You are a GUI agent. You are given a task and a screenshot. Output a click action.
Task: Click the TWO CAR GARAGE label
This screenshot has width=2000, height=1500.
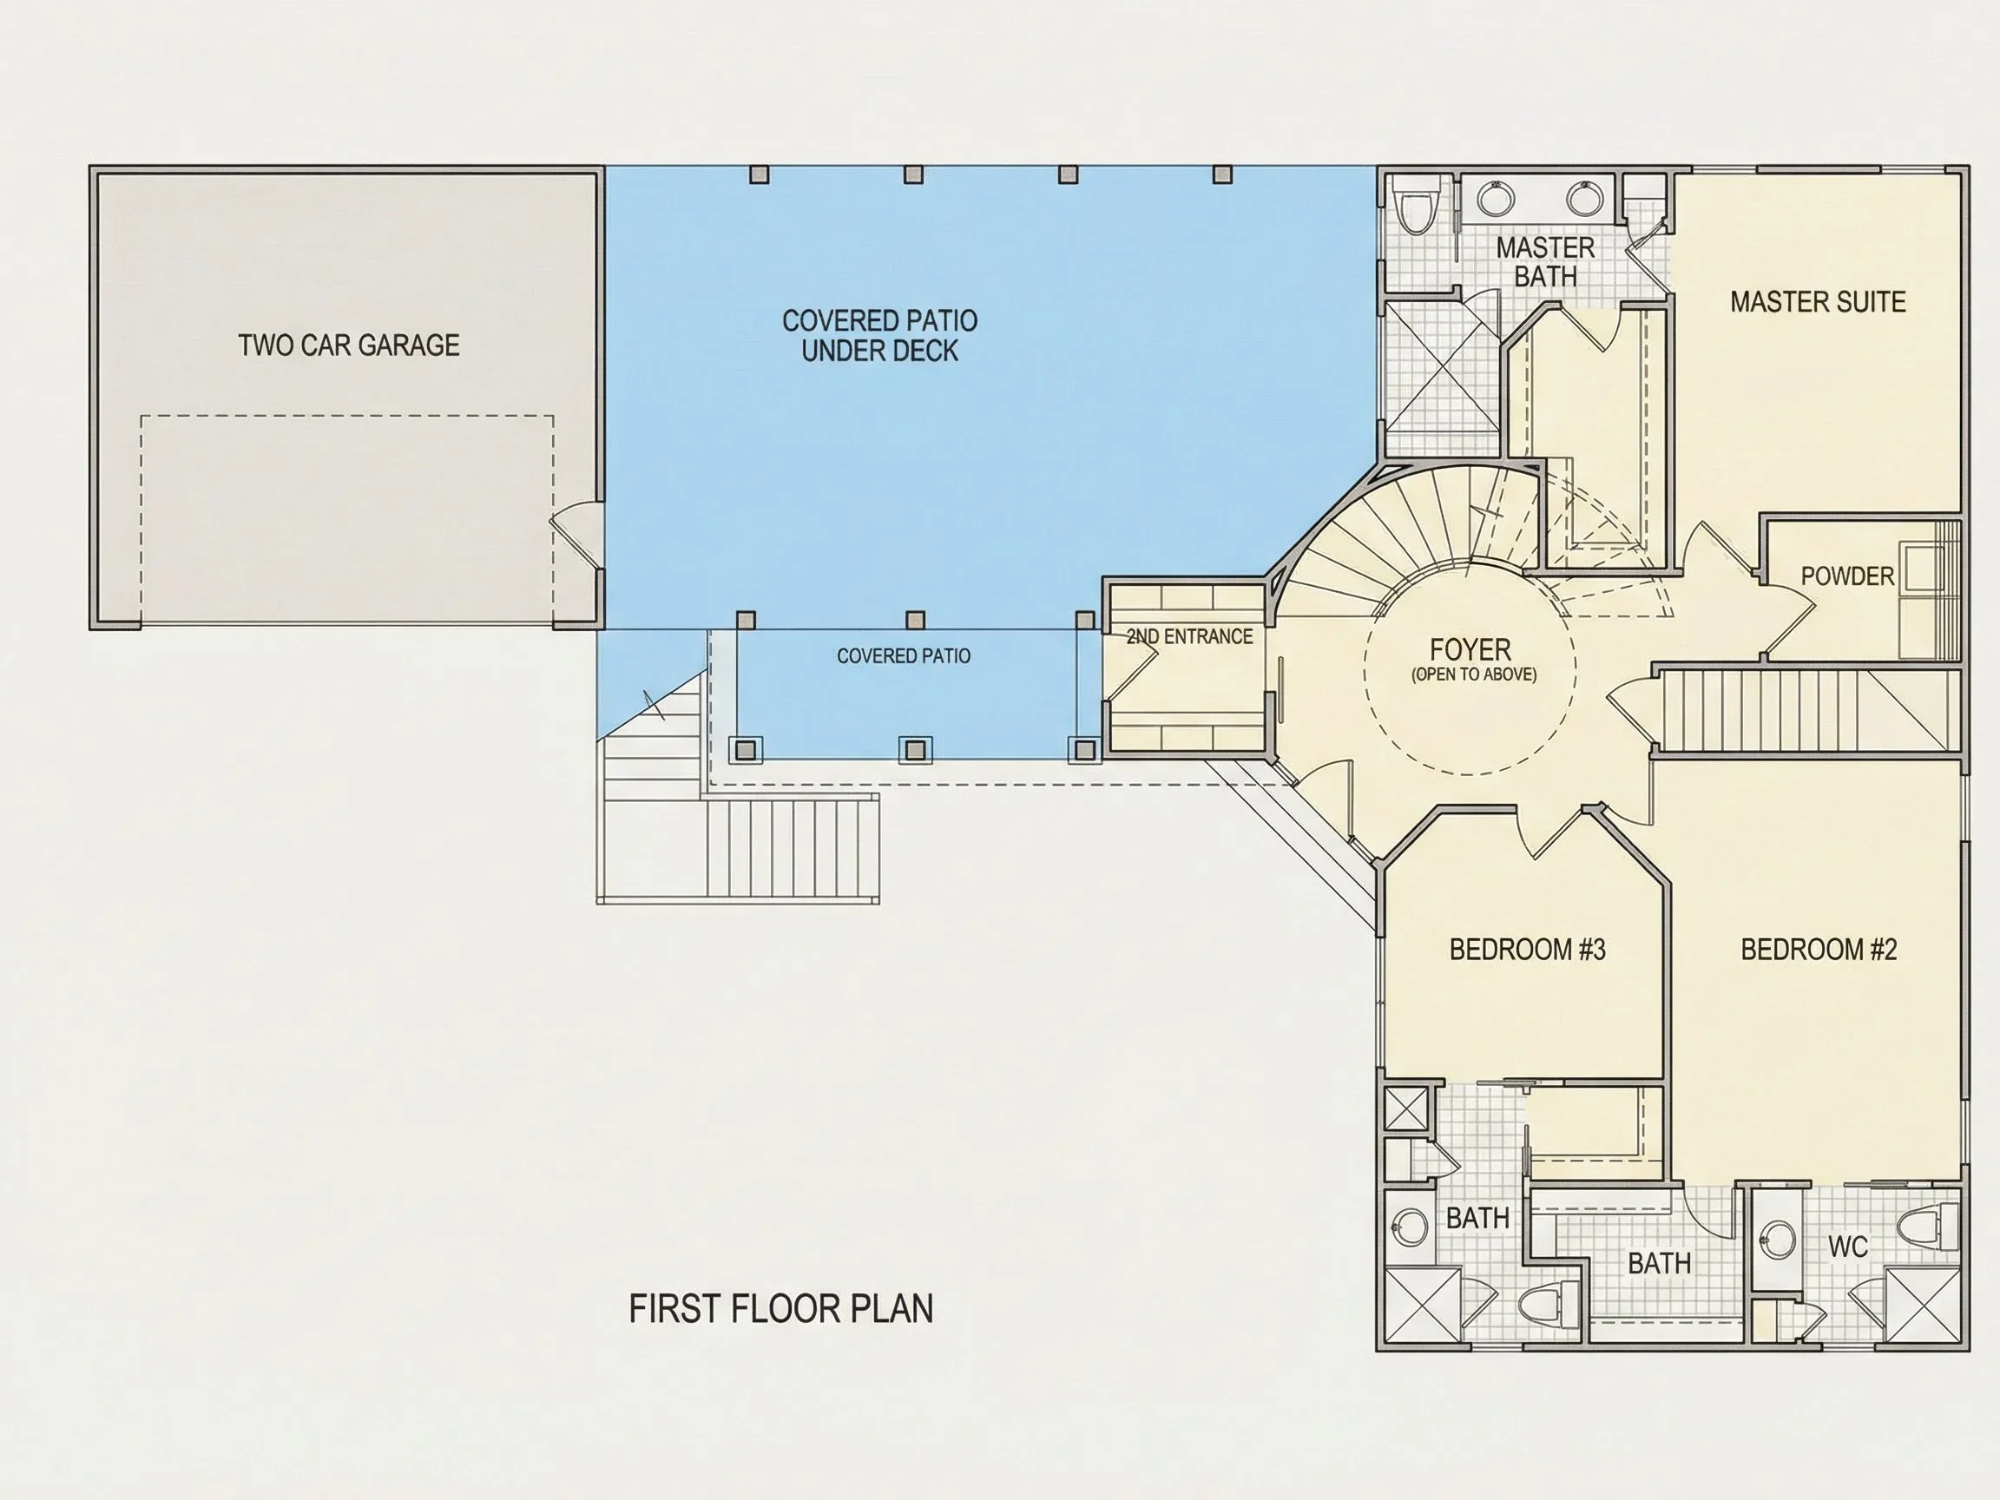pos(349,345)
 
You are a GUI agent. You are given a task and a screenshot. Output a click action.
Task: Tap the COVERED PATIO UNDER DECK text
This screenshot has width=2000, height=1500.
pos(879,335)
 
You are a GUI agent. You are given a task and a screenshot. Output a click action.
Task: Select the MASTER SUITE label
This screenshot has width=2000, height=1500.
pos(1819,301)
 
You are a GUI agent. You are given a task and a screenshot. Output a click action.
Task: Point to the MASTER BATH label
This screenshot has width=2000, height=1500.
pos(1545,261)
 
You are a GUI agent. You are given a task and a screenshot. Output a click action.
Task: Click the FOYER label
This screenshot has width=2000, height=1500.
pos(1470,648)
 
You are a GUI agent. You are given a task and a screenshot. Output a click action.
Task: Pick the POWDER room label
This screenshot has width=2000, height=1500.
pos(1847,576)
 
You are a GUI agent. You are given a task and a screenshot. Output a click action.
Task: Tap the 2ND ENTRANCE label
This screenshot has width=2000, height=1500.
pos(1190,636)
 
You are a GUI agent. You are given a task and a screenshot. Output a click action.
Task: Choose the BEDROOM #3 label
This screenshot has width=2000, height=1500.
pos(1527,950)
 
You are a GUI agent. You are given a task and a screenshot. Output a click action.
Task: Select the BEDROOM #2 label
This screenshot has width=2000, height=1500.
pos(1819,950)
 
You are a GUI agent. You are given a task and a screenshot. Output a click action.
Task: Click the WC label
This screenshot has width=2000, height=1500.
pos(1847,1247)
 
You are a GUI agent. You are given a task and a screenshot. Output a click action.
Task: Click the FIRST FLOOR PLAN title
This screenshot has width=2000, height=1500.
pos(781,1308)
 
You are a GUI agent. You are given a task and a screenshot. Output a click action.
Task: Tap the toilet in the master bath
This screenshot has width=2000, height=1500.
pos(1411,209)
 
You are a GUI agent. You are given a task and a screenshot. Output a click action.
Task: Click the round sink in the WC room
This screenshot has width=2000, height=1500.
pos(1779,1240)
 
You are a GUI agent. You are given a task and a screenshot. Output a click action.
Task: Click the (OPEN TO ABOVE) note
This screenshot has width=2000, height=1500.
pos(1474,674)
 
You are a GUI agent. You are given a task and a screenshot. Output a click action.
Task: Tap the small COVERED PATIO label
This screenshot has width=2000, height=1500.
pos(904,655)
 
